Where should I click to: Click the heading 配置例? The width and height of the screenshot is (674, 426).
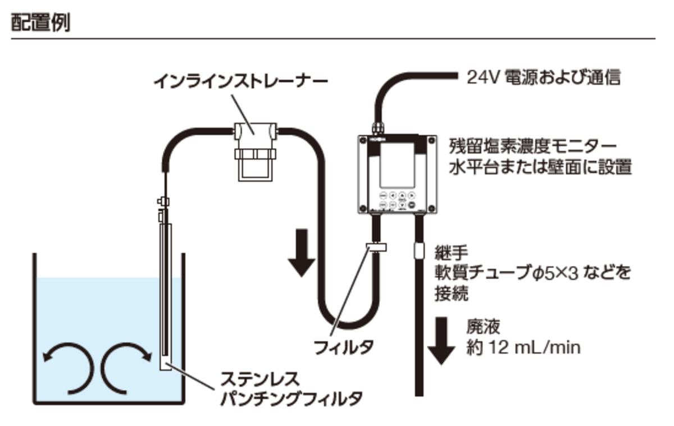coord(40,23)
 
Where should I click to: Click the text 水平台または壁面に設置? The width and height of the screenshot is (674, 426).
coord(540,168)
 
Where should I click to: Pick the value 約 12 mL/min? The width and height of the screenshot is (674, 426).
coord(523,347)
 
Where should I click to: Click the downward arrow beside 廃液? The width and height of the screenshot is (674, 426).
coord(441,340)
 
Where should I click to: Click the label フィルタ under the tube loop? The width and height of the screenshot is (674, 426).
coord(343,347)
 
